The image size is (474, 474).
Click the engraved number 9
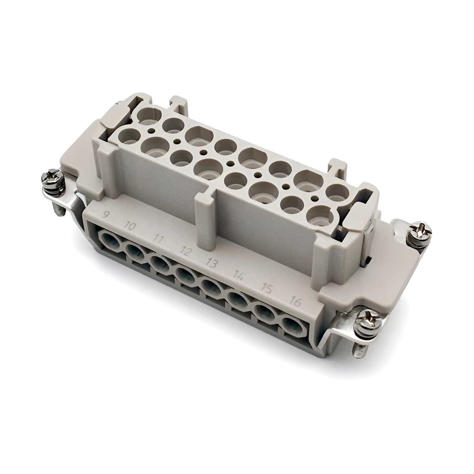105,215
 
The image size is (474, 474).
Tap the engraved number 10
129,226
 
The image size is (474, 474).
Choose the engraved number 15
267,288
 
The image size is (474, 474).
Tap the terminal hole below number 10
134,250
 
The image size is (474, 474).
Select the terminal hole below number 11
159,262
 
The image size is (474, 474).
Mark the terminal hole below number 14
238,299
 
